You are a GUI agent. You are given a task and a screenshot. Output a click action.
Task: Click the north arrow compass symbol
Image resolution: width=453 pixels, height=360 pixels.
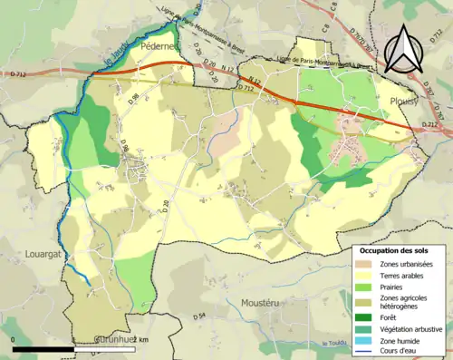point(405,47)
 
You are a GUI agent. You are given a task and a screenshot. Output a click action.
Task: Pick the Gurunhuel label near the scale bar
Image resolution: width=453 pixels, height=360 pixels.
point(123,340)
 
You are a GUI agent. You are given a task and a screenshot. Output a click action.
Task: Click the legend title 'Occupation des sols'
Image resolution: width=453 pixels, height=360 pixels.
point(400,250)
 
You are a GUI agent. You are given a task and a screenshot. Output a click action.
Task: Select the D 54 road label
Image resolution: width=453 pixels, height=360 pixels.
point(200,316)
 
